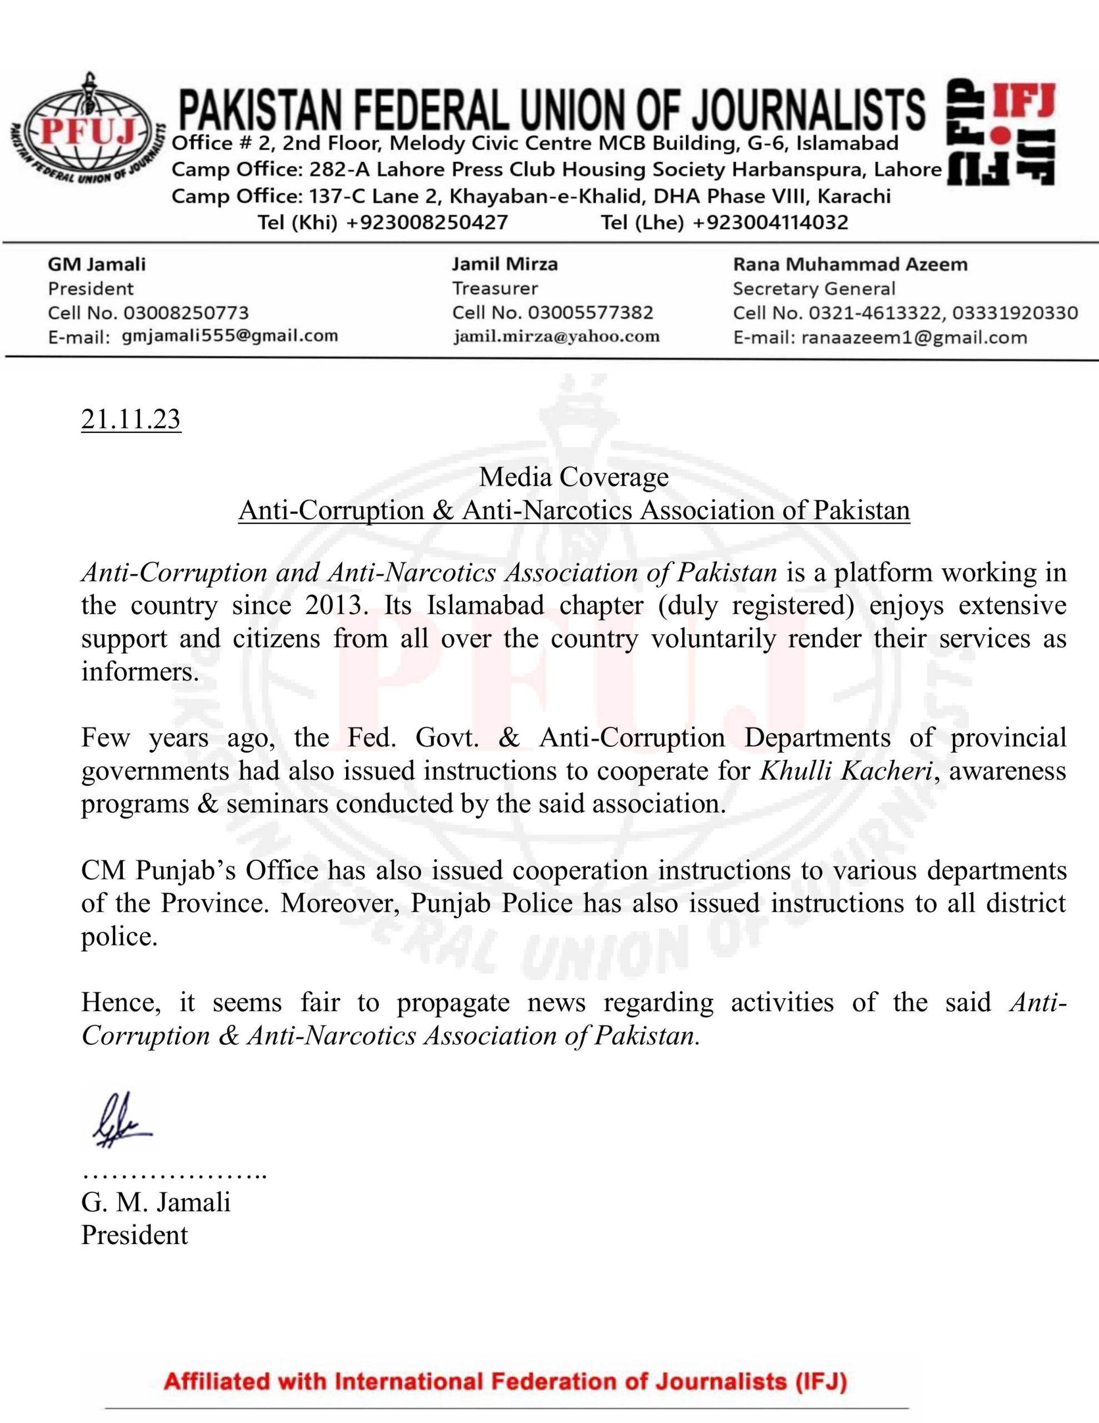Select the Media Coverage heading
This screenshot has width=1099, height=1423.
coord(573,477)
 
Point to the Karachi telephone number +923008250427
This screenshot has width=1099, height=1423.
coord(427,223)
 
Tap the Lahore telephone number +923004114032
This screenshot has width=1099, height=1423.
coord(770,223)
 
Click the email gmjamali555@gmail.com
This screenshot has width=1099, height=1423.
coord(230,336)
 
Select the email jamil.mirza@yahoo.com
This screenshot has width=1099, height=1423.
coord(556,336)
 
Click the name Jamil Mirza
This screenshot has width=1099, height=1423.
coord(505,264)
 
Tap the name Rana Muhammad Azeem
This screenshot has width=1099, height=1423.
coord(850,264)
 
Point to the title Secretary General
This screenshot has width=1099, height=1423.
coord(813,288)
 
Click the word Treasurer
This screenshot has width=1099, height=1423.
coord(495,288)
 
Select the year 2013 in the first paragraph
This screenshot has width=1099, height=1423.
coord(333,605)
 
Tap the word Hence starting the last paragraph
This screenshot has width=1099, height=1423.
coord(120,1002)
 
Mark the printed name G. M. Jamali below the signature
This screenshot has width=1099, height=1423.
coord(156,1202)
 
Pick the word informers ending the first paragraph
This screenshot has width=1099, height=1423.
coord(139,671)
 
